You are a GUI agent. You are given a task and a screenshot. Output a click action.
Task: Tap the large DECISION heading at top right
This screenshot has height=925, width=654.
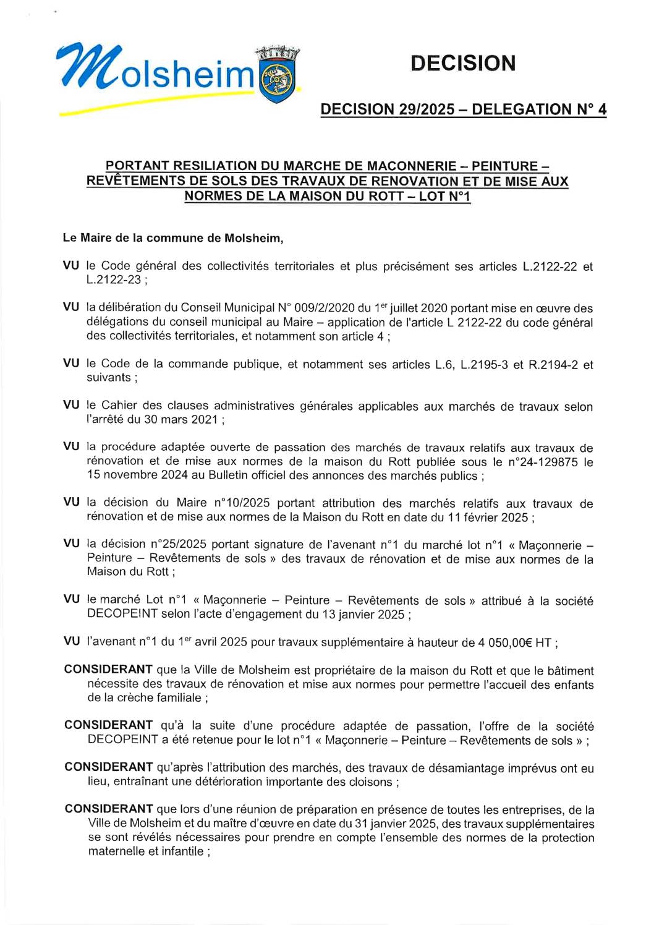click(x=462, y=63)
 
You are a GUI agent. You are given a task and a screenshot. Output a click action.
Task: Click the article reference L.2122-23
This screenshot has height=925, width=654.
click(x=114, y=280)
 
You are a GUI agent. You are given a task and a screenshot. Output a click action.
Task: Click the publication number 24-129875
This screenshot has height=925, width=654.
click(x=543, y=462)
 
